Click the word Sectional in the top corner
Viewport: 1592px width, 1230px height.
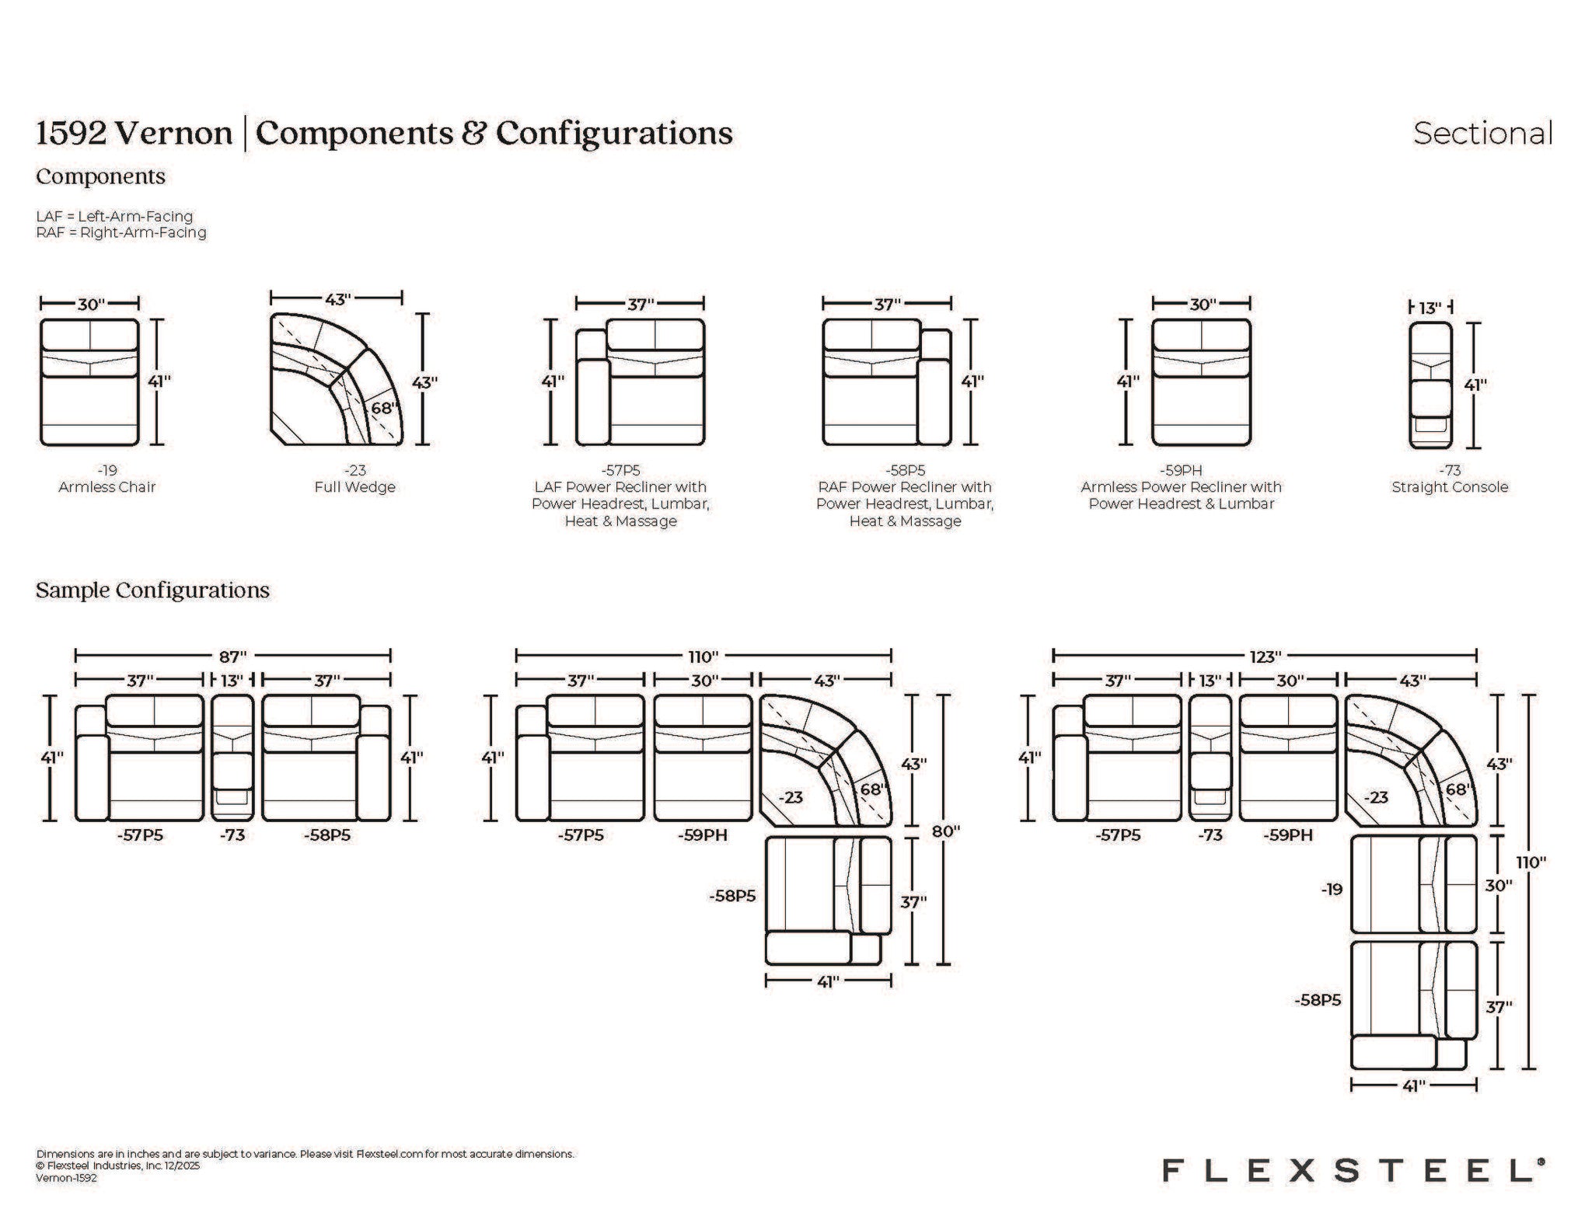[1482, 133]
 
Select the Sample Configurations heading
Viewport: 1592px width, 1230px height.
[152, 591]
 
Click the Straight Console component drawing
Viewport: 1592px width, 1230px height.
[1430, 385]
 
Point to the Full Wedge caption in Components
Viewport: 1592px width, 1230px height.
[354, 487]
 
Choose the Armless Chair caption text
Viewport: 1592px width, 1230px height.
[107, 487]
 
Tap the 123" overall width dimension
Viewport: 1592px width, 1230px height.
[1265, 657]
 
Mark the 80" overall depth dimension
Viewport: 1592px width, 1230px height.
[945, 831]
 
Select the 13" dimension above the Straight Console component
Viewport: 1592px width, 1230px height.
[1430, 308]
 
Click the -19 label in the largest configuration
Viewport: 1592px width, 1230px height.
[1332, 889]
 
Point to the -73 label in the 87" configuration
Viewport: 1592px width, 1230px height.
[232, 835]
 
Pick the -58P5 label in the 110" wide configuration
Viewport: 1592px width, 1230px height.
[732, 896]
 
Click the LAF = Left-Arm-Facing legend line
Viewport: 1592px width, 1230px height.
[114, 216]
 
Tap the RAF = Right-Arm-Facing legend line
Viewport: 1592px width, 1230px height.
[121, 232]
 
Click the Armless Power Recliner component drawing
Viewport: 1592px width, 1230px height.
[1201, 382]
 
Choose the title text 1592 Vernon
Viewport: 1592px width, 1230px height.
[134, 134]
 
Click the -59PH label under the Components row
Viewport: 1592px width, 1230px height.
[1181, 470]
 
